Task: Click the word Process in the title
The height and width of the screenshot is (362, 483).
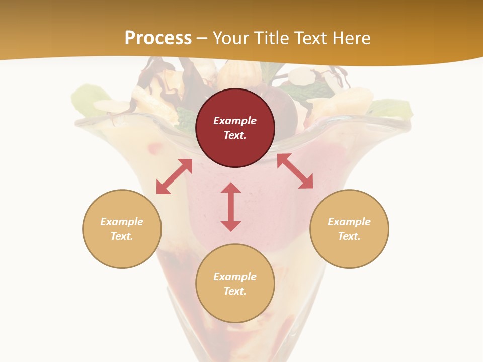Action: (158, 38)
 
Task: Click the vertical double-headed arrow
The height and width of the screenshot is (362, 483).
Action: (231, 207)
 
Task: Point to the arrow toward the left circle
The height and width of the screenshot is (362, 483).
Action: (174, 176)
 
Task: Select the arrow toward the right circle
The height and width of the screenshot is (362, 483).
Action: (295, 171)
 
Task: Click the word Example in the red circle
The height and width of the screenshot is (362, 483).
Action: (235, 121)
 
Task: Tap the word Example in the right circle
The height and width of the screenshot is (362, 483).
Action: (349, 222)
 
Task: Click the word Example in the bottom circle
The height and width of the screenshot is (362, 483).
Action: (235, 277)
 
